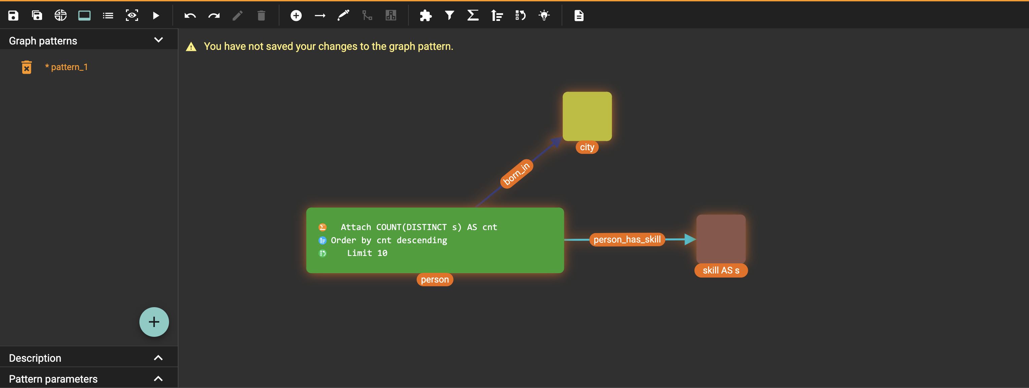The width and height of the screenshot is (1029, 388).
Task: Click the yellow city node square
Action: pos(587,116)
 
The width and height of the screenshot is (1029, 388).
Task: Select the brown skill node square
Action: pos(721,239)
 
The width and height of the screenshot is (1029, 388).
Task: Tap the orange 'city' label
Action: pos(587,147)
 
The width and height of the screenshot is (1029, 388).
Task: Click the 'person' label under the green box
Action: pos(435,280)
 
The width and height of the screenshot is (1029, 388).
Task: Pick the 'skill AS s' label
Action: pos(721,270)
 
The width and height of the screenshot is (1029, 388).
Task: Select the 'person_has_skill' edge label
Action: pos(627,239)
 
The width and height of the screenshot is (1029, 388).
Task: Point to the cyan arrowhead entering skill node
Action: pos(690,239)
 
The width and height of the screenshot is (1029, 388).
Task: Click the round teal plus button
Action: pos(154,322)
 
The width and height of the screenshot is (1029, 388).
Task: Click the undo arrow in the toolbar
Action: pos(190,15)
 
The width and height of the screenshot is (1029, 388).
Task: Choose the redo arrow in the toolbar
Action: pos(214,15)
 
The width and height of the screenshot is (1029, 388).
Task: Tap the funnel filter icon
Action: pos(450,15)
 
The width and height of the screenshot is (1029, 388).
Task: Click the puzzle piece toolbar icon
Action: pos(425,15)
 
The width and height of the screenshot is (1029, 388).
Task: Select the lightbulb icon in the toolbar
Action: pos(544,15)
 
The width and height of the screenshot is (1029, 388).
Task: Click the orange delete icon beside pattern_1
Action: pos(26,67)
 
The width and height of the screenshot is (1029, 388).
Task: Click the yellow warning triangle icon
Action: pos(191,47)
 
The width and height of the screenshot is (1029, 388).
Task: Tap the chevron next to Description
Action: pos(158,358)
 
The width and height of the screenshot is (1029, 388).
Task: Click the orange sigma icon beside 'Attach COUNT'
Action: pos(322,227)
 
